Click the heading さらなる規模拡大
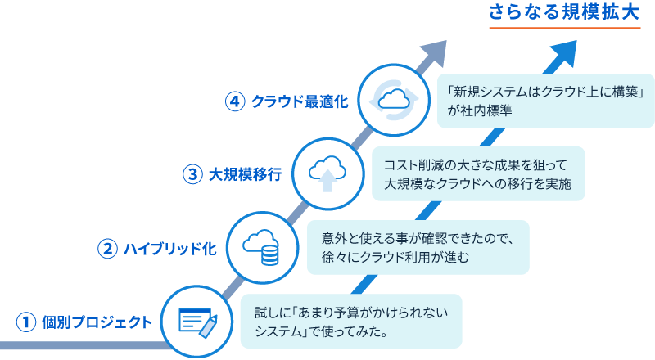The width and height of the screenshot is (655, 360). click(564, 12)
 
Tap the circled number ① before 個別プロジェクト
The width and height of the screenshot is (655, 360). click(26, 322)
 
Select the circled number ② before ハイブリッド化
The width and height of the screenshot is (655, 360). click(107, 249)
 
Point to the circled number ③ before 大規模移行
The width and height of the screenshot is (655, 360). click(192, 174)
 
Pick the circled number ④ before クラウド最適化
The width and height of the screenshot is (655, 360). click(235, 101)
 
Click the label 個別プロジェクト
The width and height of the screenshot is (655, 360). click(97, 322)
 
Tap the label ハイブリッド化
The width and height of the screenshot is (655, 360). click(170, 249)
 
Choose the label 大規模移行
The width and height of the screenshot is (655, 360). click(245, 174)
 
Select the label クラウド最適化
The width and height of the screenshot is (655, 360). click(300, 101)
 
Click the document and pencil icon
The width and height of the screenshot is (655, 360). click(198, 323)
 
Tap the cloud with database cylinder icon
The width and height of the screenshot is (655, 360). click(261, 247)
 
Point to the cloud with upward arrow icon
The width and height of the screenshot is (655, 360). click(327, 173)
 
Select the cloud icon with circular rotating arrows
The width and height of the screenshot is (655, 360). click(394, 101)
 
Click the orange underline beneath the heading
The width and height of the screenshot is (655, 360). click(565, 28)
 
